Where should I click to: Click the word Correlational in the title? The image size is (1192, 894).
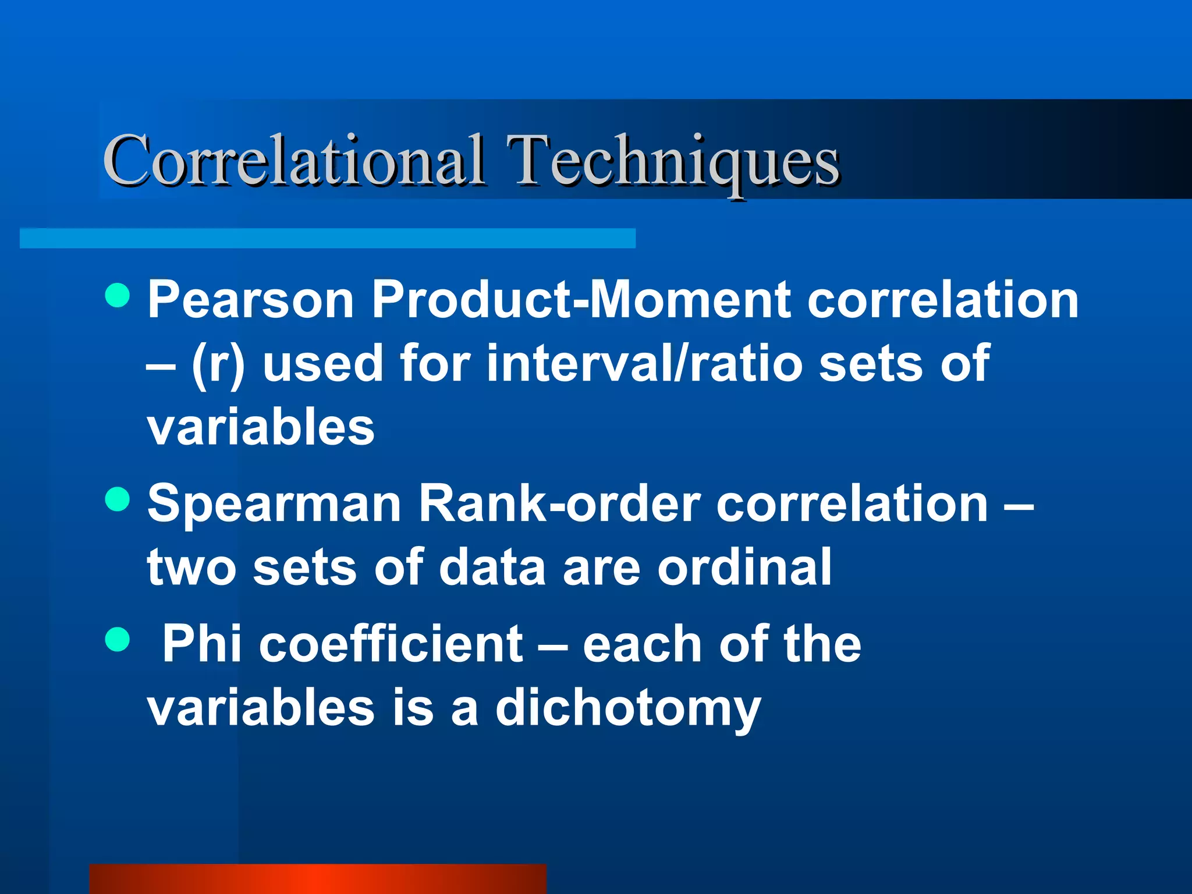pos(293,159)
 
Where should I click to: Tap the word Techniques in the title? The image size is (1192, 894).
pos(672,162)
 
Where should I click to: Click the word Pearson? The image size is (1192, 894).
pos(251,300)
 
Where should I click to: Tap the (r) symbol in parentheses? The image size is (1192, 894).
pos(218,364)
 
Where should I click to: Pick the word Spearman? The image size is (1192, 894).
pos(274,504)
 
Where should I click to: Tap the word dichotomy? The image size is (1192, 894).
pos(628,709)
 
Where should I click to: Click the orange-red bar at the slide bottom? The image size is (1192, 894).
pos(318,879)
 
